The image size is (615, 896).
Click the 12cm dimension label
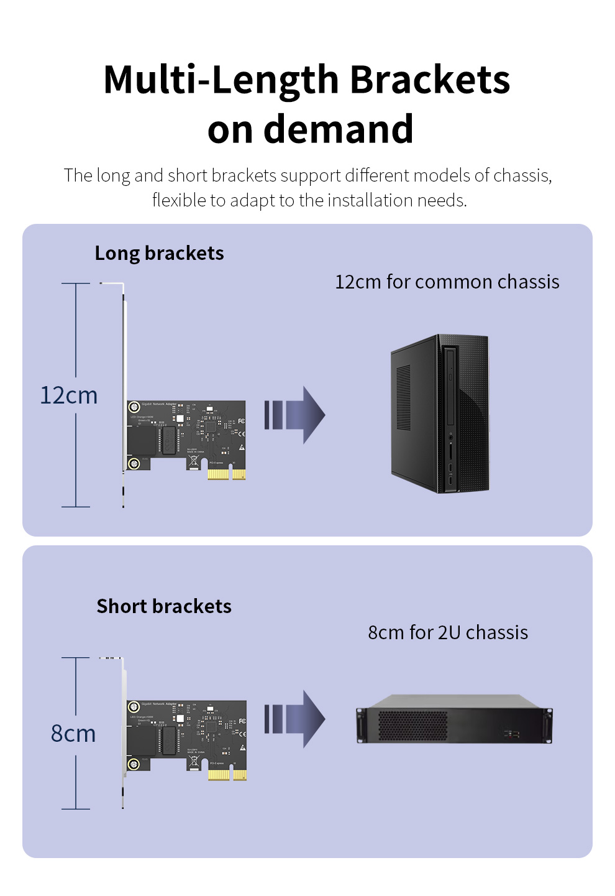[x=69, y=395]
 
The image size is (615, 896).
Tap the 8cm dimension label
[x=73, y=734]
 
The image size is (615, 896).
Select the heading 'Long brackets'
[x=159, y=253]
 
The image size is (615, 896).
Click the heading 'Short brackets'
[x=164, y=606]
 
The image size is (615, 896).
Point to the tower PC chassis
[x=440, y=414]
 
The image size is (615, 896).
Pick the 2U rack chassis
[x=454, y=719]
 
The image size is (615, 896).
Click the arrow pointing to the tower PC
[x=294, y=415]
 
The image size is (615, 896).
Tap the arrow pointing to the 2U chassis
[x=294, y=719]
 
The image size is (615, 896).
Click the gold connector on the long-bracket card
[x=226, y=474]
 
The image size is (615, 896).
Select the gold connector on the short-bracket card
[x=227, y=774]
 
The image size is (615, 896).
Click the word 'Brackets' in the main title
[x=430, y=80]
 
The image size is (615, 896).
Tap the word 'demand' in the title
[x=339, y=129]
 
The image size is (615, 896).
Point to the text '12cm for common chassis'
[x=447, y=282]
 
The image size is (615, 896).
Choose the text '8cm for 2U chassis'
[x=448, y=632]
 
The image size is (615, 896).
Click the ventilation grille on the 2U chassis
[x=412, y=725]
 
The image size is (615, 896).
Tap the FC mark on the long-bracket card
[x=241, y=422]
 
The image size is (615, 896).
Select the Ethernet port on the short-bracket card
[x=140, y=740]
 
